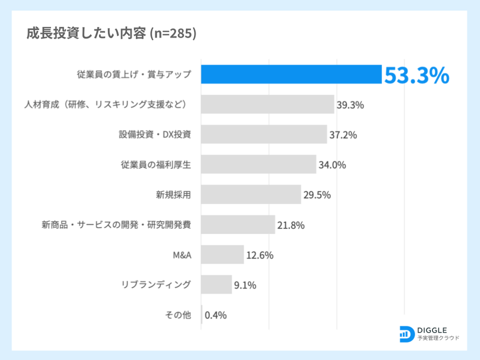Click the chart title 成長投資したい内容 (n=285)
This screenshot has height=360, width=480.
coord(111,33)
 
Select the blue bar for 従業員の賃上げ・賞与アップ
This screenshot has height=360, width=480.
coord(291,74)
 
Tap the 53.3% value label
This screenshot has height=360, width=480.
coord(416,76)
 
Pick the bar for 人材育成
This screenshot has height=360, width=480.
coord(268,104)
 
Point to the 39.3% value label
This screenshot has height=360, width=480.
coord(350,105)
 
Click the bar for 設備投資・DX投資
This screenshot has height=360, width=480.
coord(264,134)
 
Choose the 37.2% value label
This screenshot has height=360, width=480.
coord(343,135)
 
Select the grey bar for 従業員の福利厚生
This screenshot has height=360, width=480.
coord(258,164)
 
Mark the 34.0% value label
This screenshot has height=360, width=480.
coord(332,165)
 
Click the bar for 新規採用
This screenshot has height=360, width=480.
coord(251,195)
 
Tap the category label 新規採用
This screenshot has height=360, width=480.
coord(174,195)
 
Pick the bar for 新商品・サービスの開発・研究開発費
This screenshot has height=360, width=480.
coord(238,224)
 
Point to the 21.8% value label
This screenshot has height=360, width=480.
coord(291,225)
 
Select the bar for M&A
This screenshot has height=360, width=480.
coord(222,254)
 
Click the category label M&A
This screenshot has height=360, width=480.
coord(182,254)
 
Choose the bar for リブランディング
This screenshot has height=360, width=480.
coord(217,284)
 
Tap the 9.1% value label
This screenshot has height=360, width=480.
coord(245,285)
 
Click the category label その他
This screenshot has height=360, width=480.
coord(178,315)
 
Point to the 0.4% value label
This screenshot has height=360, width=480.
coord(215,315)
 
